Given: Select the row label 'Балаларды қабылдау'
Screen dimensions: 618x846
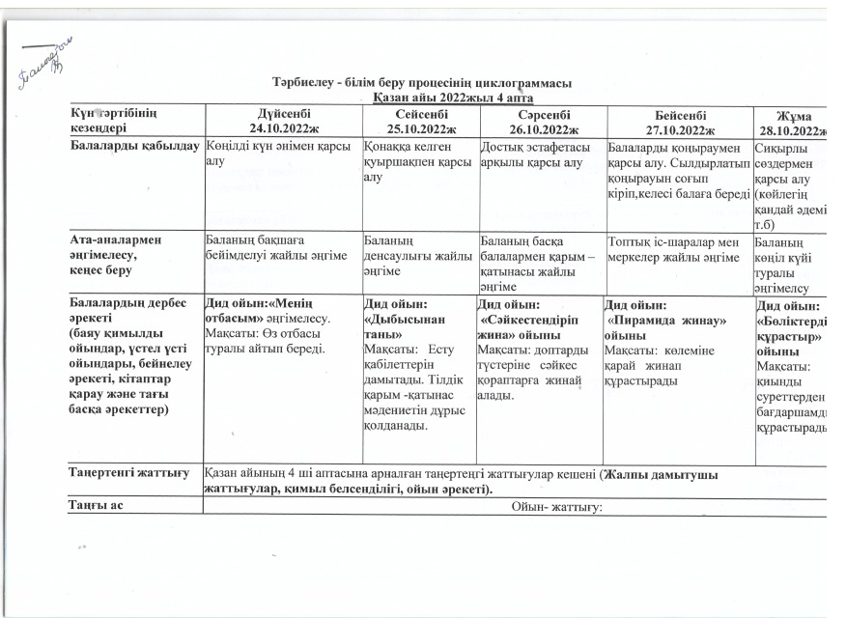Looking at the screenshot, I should click(x=134, y=147).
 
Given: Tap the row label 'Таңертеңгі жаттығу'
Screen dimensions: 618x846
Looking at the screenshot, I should click(x=128, y=474).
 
